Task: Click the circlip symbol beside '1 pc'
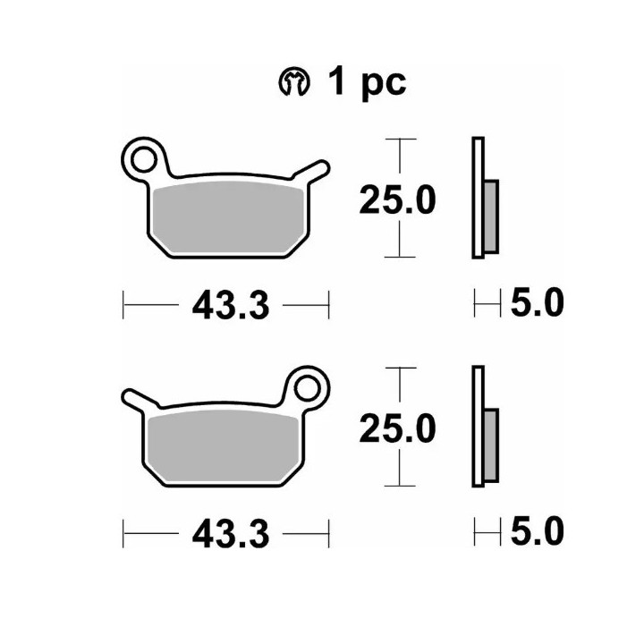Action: (294, 80)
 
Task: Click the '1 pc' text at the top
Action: (367, 81)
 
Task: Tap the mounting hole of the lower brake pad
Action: (307, 388)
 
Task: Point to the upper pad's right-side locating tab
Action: (312, 172)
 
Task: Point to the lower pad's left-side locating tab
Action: (140, 400)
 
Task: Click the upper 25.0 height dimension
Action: (397, 200)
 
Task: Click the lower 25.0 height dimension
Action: (397, 428)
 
